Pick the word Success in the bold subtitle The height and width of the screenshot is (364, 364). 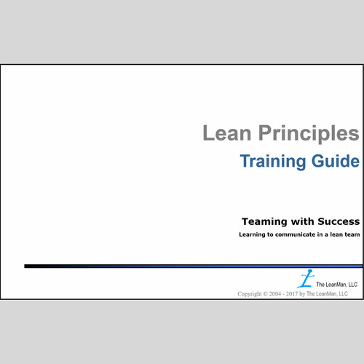[x=334, y=221]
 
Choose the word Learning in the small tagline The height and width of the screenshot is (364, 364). [x=253, y=234]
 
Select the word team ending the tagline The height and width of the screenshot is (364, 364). [x=351, y=234]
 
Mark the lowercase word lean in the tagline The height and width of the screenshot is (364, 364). [x=333, y=234]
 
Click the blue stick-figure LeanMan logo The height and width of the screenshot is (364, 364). [x=306, y=279]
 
